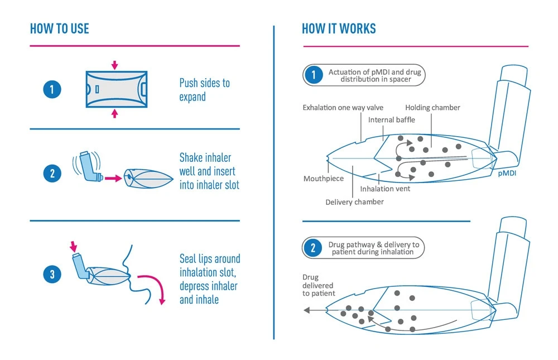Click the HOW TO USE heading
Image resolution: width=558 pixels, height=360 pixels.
(x=59, y=28)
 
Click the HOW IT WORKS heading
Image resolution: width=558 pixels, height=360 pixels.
(x=339, y=28)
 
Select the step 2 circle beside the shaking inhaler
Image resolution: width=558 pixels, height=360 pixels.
(x=52, y=173)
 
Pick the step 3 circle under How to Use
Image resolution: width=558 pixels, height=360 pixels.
(x=52, y=274)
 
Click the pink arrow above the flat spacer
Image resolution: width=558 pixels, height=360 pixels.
(x=114, y=65)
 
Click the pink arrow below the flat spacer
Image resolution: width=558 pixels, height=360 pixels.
(x=114, y=113)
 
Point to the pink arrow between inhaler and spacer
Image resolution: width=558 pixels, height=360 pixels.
(x=113, y=179)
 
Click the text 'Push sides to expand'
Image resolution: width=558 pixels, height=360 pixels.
(x=204, y=90)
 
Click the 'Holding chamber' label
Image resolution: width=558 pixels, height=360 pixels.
(x=432, y=108)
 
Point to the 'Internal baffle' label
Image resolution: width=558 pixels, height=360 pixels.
(x=392, y=120)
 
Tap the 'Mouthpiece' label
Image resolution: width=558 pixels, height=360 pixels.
(x=324, y=179)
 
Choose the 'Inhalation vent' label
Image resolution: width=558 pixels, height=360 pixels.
(x=385, y=189)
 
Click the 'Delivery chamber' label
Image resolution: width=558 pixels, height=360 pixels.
(x=354, y=202)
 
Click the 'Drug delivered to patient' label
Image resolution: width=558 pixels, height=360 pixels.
(x=319, y=285)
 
